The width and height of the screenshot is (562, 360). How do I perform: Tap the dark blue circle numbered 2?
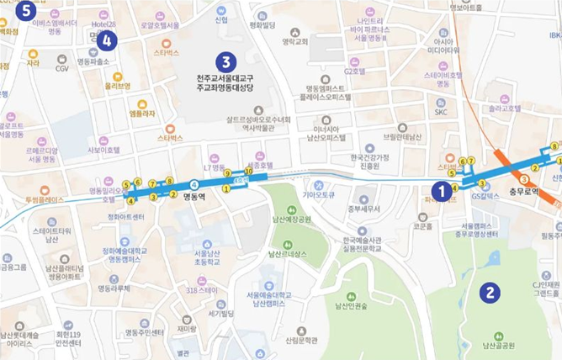489,293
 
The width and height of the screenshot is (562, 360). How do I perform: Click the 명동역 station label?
195,197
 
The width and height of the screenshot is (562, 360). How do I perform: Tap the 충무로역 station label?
524,192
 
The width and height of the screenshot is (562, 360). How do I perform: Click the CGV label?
62,69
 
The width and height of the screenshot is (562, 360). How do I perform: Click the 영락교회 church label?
295,41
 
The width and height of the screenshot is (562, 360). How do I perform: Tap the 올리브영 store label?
117,86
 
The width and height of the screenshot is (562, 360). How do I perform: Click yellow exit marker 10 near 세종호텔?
248,171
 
